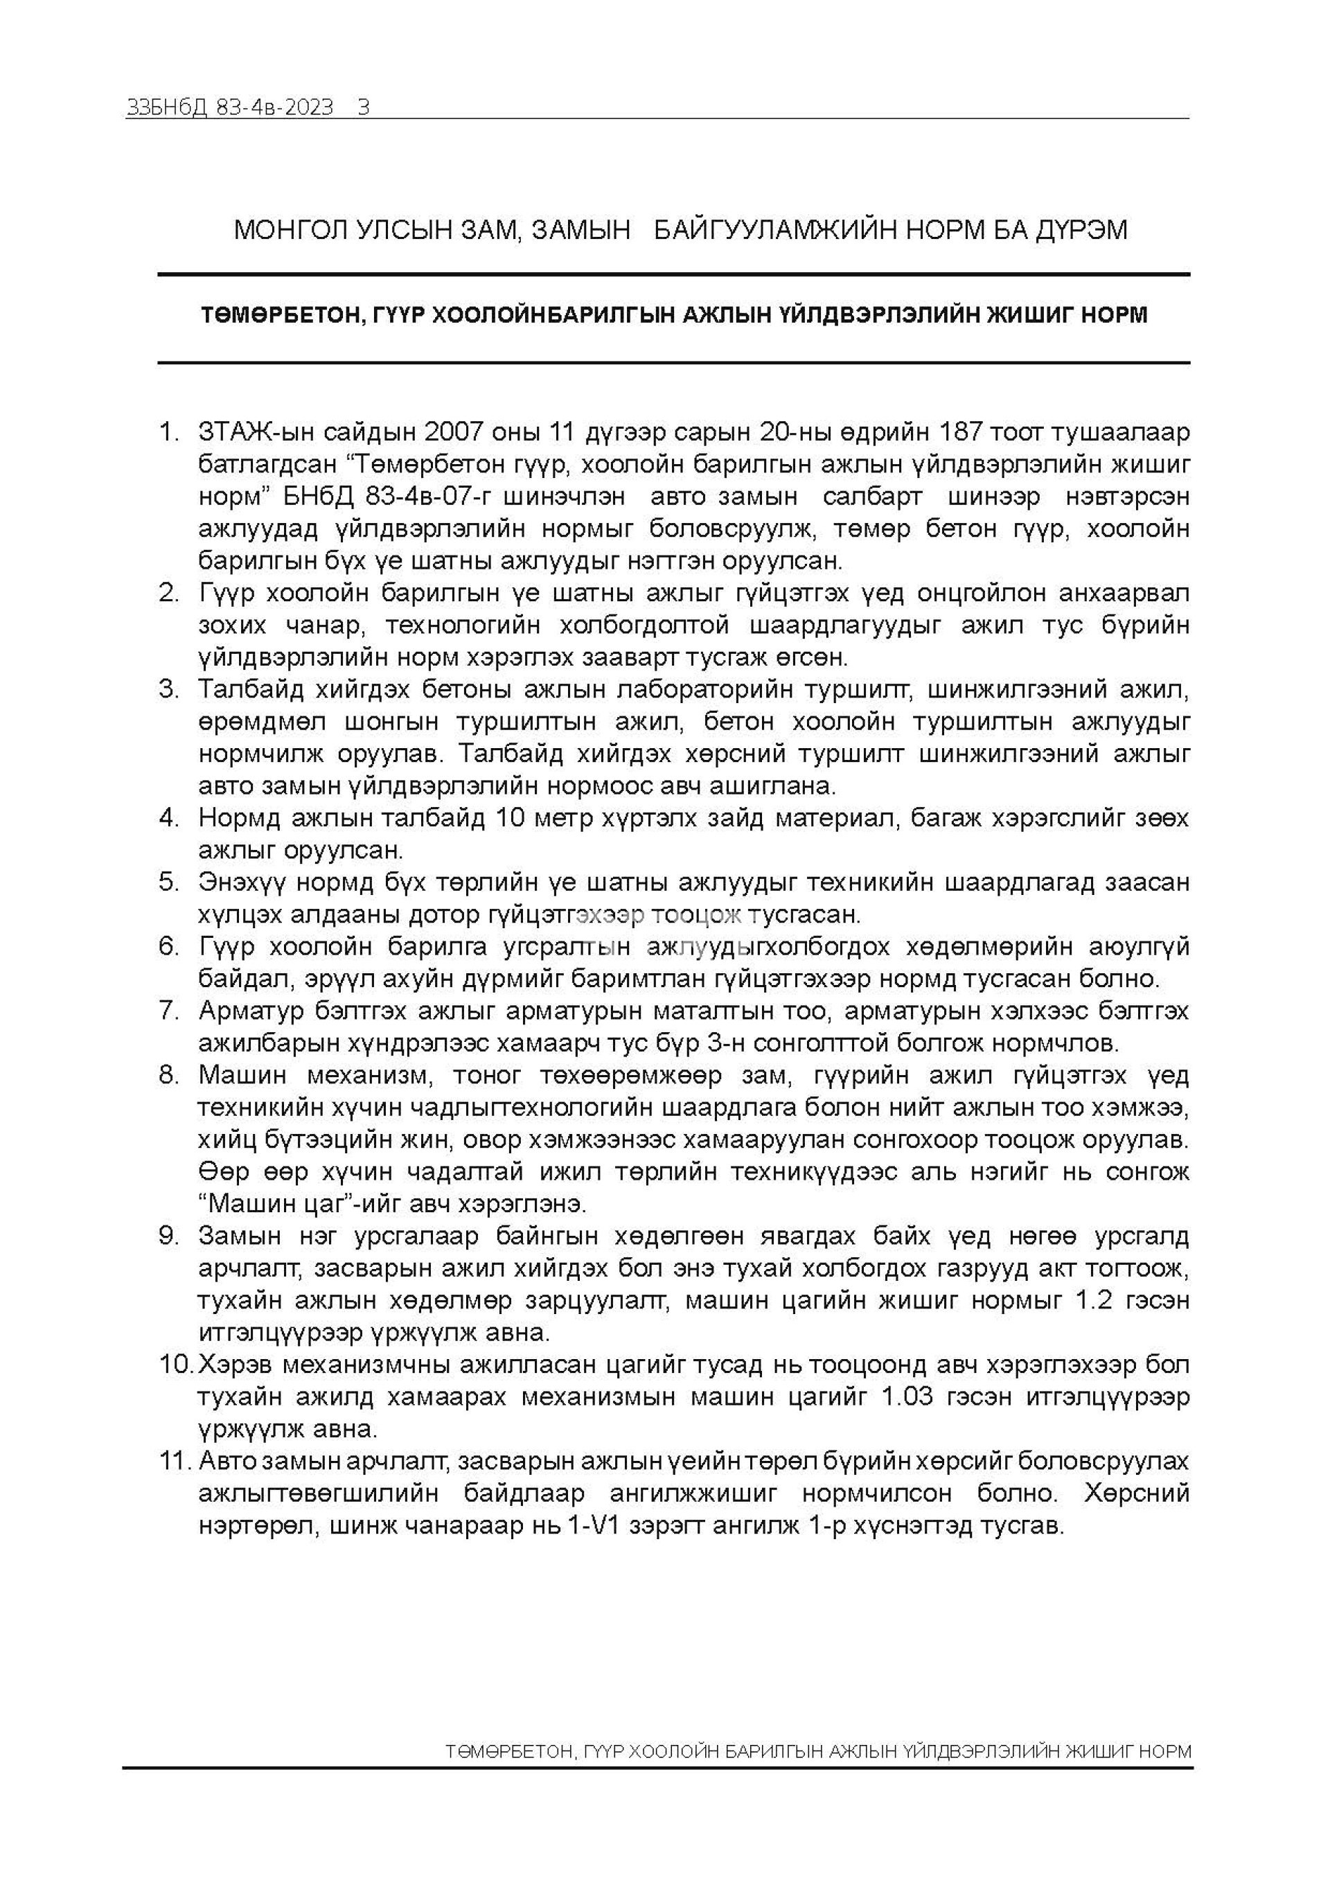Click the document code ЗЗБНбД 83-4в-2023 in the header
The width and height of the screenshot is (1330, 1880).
click(x=230, y=108)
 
